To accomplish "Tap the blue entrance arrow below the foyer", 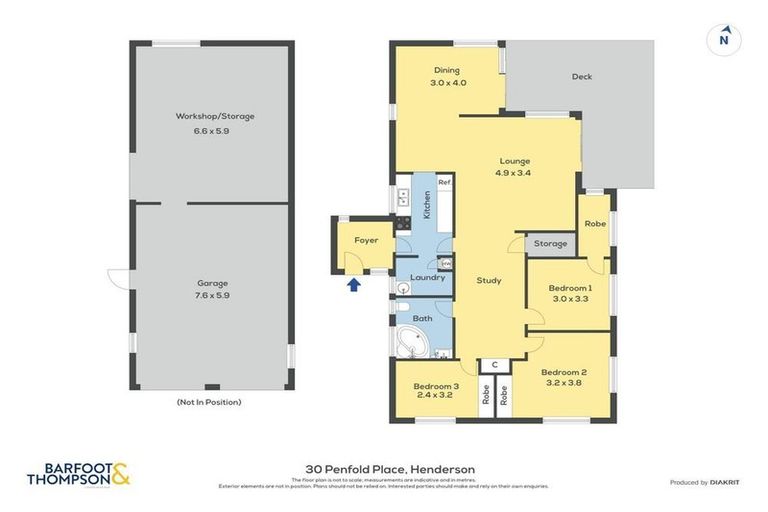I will (351, 287).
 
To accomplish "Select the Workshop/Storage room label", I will (215, 116).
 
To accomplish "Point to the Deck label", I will (582, 76).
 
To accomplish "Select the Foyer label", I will (366, 240).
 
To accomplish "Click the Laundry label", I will (427, 277).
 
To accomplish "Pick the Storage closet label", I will (550, 243).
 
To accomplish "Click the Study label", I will (488, 280).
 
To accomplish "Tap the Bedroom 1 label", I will (569, 288).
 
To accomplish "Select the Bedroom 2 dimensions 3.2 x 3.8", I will (565, 382).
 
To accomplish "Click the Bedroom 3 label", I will (436, 386).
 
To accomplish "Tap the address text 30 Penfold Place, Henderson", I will (389, 469).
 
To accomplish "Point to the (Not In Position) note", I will (208, 402).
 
